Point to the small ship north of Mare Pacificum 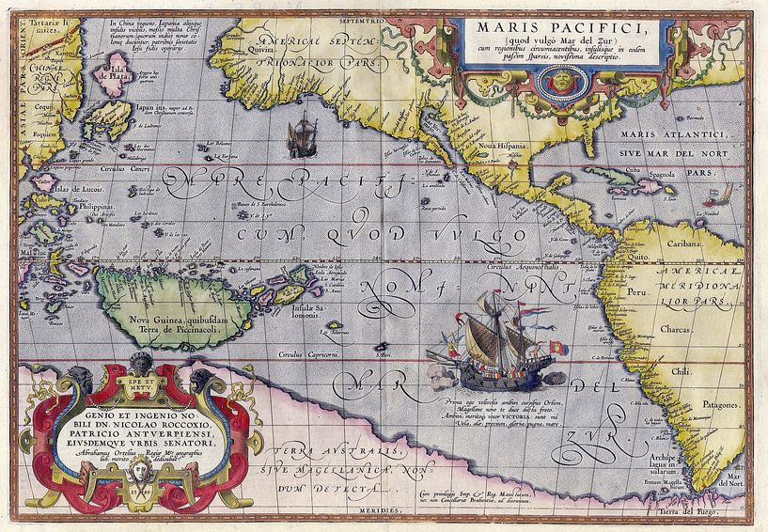click(x=306, y=132)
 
